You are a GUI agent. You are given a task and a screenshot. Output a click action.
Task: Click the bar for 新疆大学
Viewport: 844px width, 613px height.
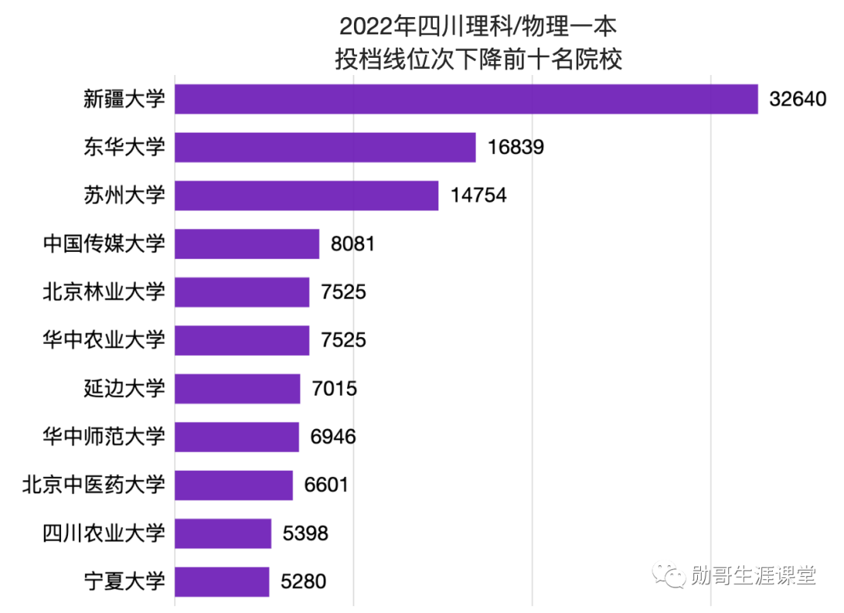466,99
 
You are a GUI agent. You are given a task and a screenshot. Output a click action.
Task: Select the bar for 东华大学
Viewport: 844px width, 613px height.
325,148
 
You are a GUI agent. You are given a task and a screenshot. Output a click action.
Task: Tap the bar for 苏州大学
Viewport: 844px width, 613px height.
306,195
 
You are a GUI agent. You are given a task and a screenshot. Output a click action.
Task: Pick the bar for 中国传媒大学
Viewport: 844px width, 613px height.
247,244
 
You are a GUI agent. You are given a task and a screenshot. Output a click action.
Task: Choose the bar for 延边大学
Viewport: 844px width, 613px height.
238,389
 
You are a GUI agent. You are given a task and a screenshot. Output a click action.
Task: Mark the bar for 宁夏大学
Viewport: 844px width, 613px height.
222,582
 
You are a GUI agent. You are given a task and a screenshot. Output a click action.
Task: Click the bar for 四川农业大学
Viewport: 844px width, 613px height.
223,533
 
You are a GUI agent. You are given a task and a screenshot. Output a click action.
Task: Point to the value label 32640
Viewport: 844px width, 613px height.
797,100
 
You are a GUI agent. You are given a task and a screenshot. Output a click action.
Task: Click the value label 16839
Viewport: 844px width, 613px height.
515,148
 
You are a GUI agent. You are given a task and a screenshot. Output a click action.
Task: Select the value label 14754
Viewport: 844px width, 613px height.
477,195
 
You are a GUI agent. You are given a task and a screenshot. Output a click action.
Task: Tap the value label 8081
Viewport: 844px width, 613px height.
353,244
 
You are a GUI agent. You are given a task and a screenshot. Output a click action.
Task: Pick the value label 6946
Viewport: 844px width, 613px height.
333,437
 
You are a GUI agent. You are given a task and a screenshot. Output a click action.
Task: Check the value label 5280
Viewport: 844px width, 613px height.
304,582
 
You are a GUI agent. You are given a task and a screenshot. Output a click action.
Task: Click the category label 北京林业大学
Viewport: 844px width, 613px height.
104,292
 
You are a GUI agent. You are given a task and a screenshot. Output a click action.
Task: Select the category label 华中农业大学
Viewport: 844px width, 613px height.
104,340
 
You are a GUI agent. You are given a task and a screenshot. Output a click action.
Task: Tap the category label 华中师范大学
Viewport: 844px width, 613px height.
104,437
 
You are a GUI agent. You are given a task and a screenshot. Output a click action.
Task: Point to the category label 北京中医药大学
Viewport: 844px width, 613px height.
94,485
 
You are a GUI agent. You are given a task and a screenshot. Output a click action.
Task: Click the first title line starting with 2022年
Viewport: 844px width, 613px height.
478,27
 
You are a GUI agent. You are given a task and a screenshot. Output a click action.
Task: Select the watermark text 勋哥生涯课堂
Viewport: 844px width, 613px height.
753,576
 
